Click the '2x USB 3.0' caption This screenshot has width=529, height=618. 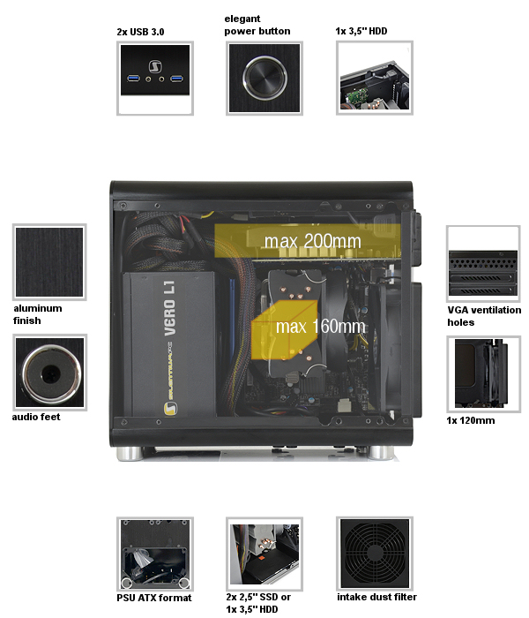pyautogui.click(x=140, y=32)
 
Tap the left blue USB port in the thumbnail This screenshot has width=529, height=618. pyautogui.click(x=133, y=79)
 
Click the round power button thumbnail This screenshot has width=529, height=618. pyautogui.click(x=264, y=78)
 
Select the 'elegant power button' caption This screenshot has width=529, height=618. pyautogui.click(x=257, y=25)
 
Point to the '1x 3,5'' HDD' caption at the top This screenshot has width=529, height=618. pyautogui.click(x=361, y=31)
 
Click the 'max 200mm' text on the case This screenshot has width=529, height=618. pyautogui.click(x=312, y=241)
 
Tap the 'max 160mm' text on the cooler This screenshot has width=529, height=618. pyautogui.click(x=320, y=327)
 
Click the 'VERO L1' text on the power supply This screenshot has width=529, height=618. pyautogui.click(x=169, y=308)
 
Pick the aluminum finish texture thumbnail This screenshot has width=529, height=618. pyautogui.click(x=49, y=262)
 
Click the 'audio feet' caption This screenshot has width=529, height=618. pyautogui.click(x=36, y=417)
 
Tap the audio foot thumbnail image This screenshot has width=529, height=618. pyautogui.click(x=49, y=373)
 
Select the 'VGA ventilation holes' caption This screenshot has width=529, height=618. pyautogui.click(x=484, y=316)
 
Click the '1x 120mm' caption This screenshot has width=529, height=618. pyautogui.click(x=470, y=420)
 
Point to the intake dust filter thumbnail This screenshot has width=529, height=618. pyautogui.click(x=375, y=554)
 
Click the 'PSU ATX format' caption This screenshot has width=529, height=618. pyautogui.click(x=154, y=598)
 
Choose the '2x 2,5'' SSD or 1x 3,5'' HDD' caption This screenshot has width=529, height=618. pyautogui.click(x=258, y=603)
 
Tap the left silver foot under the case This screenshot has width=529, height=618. pyautogui.click(x=130, y=454)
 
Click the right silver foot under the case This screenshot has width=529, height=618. pyautogui.click(x=382, y=453)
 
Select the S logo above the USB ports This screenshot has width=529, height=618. pyautogui.click(x=155, y=66)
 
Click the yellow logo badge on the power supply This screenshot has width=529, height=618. pyautogui.click(x=170, y=408)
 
